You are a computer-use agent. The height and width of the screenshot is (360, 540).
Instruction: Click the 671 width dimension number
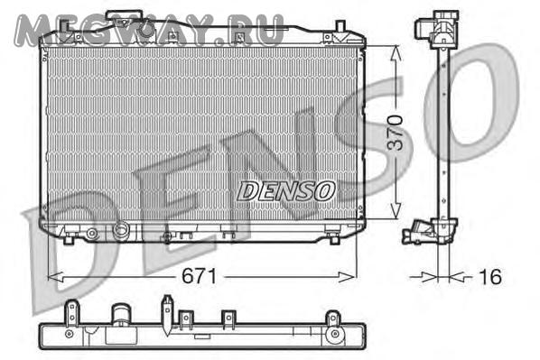(200, 276)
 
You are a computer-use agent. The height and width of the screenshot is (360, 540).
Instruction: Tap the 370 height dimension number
(395, 133)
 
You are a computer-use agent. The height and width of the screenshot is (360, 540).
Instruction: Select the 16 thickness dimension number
(490, 277)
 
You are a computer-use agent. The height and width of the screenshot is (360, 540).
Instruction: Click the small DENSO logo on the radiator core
(286, 191)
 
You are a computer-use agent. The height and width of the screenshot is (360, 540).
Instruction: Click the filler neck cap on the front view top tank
(124, 16)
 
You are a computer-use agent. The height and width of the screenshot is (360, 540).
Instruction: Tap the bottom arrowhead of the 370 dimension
(396, 210)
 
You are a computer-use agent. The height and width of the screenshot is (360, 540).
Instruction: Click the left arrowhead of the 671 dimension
(55, 277)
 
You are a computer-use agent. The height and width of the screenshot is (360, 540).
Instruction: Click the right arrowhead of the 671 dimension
(347, 277)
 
